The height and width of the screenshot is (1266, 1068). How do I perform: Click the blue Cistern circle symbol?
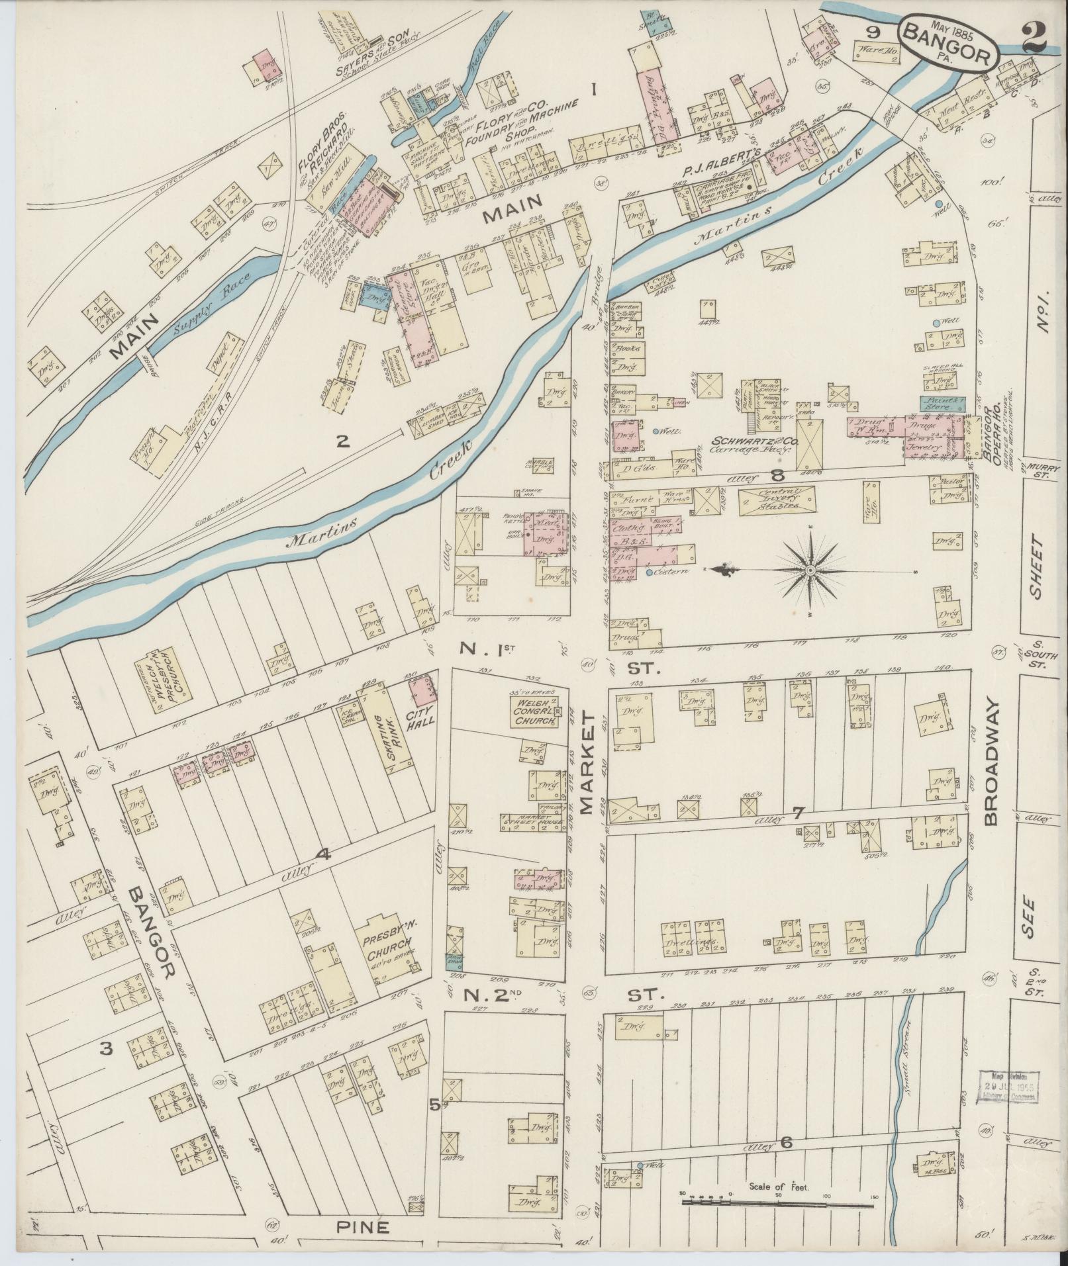[650, 571]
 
